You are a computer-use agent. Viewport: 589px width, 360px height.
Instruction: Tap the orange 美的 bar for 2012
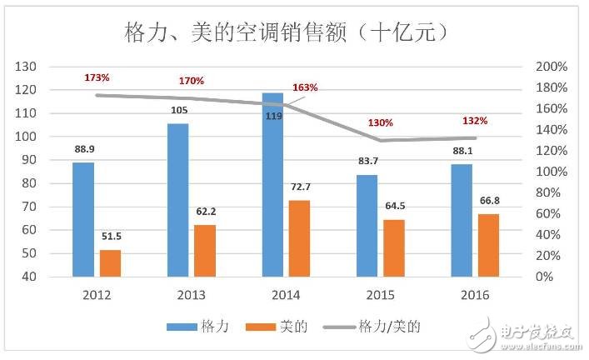111,262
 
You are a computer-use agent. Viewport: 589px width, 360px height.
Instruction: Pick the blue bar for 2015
367,225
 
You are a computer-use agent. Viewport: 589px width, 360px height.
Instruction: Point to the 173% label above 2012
97,77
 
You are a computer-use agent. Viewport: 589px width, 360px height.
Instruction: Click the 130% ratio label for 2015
381,123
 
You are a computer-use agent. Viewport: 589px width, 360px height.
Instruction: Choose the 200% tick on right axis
551,67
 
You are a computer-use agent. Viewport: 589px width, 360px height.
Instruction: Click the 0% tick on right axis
544,277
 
